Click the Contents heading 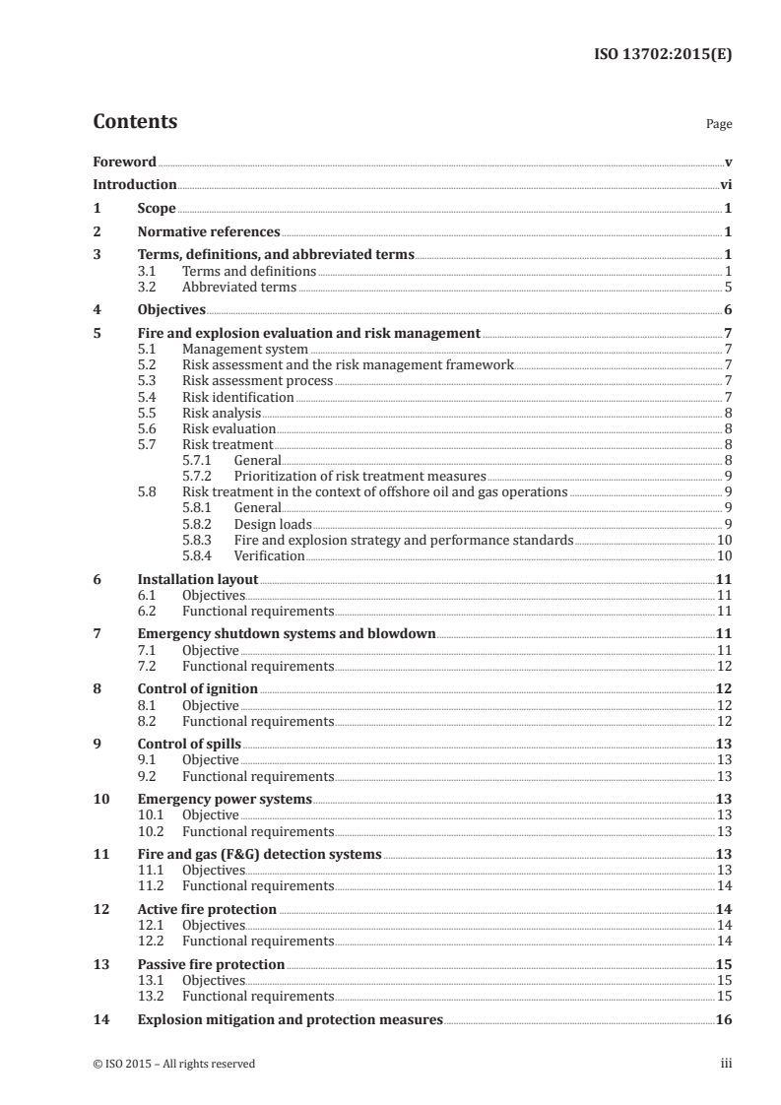135,122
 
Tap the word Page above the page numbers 718,125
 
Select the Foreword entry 124,162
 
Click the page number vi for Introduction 725,184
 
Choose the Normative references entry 209,232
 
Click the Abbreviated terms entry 239,288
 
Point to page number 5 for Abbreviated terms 728,288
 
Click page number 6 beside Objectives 728,310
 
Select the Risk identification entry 238,397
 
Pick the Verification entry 269,555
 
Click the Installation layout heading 198,580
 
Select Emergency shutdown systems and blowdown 287,633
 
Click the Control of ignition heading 198,688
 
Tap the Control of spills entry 189,744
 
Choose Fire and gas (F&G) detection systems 259,854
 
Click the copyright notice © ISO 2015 173,1064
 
